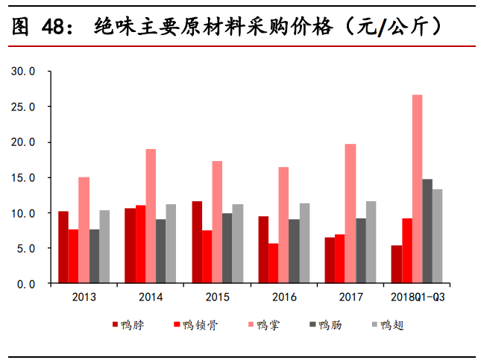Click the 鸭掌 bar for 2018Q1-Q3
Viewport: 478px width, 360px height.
point(417,189)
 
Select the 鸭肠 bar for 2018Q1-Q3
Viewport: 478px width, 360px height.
point(427,231)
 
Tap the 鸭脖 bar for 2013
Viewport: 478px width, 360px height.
point(63,247)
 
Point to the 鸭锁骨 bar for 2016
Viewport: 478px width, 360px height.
point(274,263)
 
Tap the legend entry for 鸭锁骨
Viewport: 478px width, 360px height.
point(195,325)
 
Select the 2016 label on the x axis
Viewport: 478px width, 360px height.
point(284,297)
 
